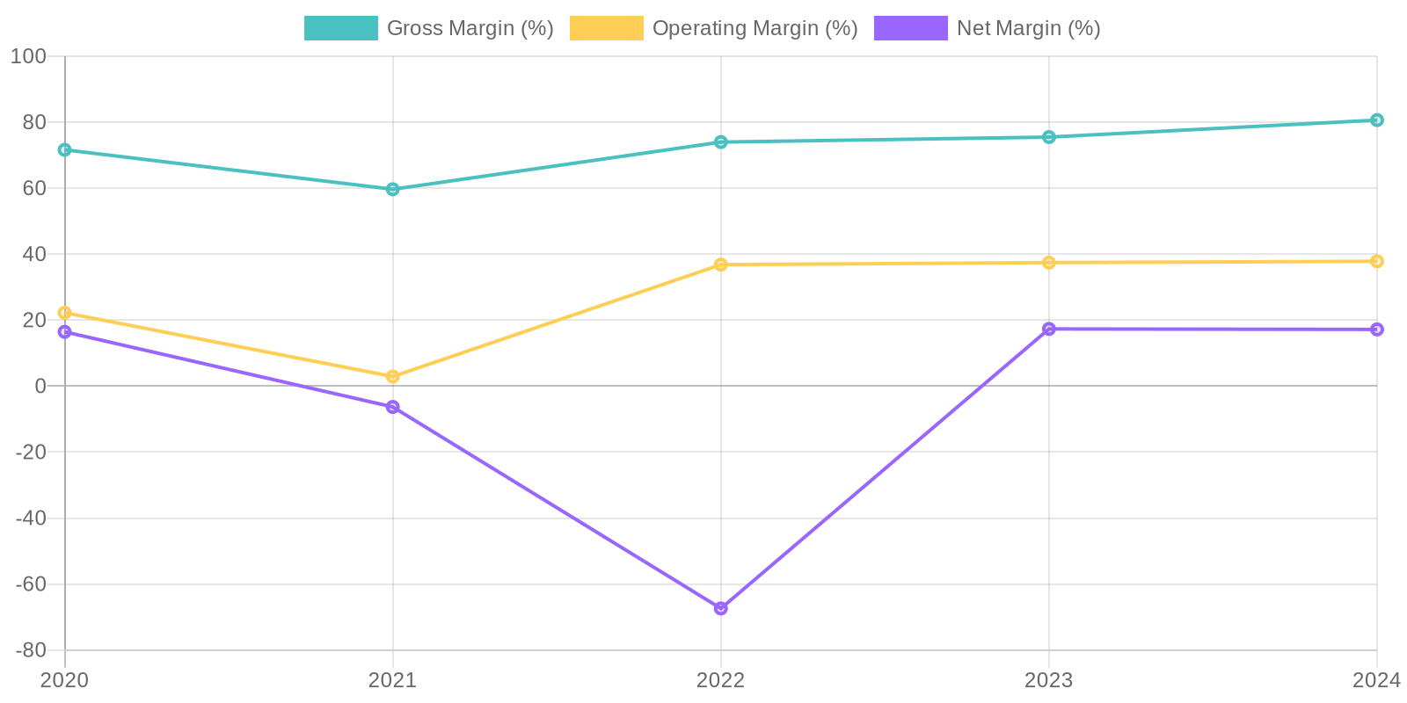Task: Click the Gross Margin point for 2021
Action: (x=393, y=189)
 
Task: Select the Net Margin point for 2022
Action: (x=721, y=608)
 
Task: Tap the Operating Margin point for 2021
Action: (x=393, y=376)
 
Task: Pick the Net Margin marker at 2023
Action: (x=1049, y=329)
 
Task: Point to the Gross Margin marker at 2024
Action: (x=1376, y=120)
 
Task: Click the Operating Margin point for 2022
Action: (x=721, y=265)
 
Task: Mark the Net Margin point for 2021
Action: (x=393, y=407)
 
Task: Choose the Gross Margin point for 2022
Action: (x=721, y=142)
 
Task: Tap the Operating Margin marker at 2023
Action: (x=1049, y=263)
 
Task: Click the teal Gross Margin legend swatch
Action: (x=341, y=28)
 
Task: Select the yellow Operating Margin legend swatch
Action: (x=607, y=28)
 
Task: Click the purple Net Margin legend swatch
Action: (x=911, y=28)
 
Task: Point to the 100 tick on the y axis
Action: (x=29, y=56)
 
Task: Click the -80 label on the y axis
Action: (x=32, y=650)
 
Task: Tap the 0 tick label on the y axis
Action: (x=40, y=386)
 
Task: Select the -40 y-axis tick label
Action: (x=32, y=518)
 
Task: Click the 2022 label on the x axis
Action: (x=721, y=679)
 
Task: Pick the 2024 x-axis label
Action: (x=1376, y=679)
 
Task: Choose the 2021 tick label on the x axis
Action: (x=393, y=679)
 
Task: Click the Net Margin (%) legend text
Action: (x=1029, y=28)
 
